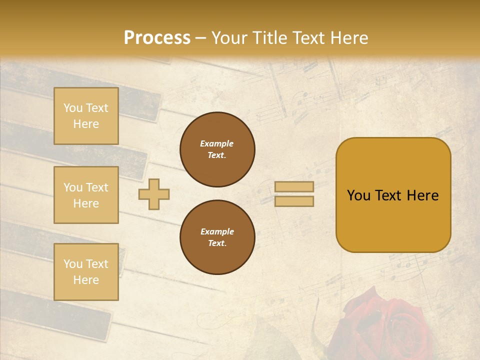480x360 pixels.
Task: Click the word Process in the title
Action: (x=157, y=38)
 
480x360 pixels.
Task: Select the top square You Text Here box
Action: (x=86, y=116)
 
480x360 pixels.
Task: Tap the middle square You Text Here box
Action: (x=86, y=195)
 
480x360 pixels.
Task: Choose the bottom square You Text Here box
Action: (x=86, y=271)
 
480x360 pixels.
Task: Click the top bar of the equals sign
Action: (x=294, y=186)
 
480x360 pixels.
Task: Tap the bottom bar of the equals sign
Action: (x=294, y=201)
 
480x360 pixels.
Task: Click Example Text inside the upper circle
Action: (x=217, y=149)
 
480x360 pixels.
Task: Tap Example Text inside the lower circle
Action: (x=217, y=237)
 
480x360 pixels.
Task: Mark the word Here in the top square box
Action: (x=86, y=124)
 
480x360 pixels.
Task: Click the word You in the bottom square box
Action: (x=73, y=264)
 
